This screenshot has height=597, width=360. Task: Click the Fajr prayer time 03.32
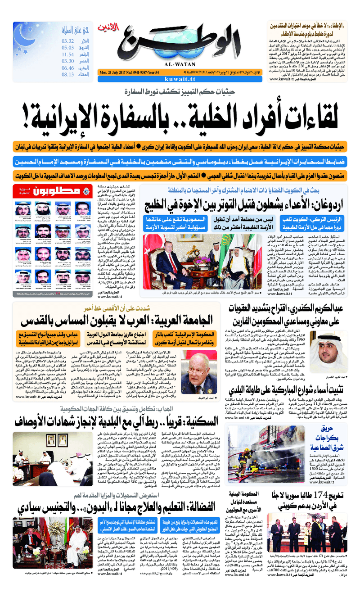point(68,41)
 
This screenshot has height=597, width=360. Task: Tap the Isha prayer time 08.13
point(68,75)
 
